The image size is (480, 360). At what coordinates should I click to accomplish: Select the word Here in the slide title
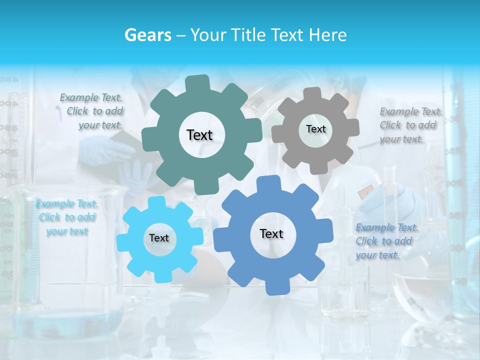coord(328,35)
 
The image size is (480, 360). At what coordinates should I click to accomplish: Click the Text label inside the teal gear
coord(199,135)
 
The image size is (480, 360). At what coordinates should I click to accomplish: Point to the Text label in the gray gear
coord(315,129)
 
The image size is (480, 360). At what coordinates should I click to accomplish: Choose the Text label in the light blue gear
coord(159,238)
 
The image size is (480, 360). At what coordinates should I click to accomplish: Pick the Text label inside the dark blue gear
coord(271,233)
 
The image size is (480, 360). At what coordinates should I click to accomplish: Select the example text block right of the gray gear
coord(410,125)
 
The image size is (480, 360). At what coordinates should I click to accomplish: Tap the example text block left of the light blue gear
coord(67,217)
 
